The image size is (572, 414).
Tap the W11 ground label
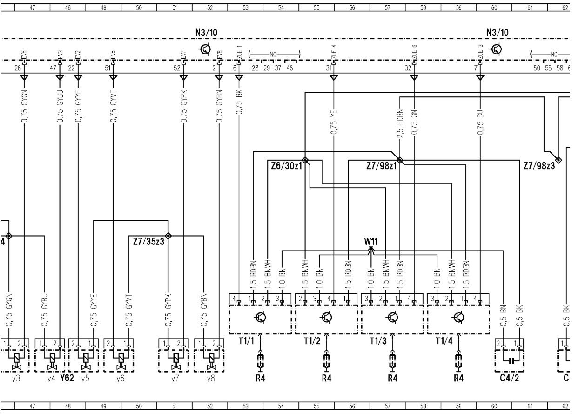370,242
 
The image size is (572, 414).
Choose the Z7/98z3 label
539,166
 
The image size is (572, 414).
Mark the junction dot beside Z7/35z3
168,236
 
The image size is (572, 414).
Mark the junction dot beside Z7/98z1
400,160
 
